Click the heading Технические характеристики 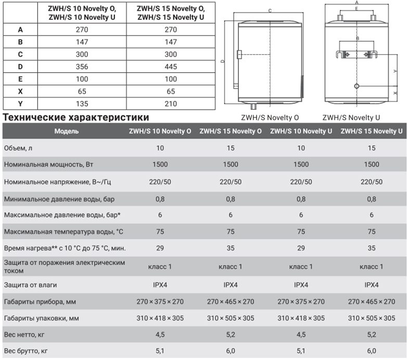pyautogui.click(x=76, y=117)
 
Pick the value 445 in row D pyautogui.click(x=170, y=67)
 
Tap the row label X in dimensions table pyautogui.click(x=20, y=91)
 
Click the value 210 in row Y pyautogui.click(x=170, y=104)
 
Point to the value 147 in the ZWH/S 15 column pyautogui.click(x=170, y=42)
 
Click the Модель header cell pyautogui.click(x=67, y=131)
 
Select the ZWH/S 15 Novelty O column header pyautogui.click(x=231, y=131)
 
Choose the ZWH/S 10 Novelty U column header pyautogui.click(x=301, y=131)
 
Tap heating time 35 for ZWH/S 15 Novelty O pyautogui.click(x=231, y=248)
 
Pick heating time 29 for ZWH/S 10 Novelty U pyautogui.click(x=301, y=248)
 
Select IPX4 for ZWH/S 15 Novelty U pyautogui.click(x=372, y=285)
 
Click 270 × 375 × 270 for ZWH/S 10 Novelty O pyautogui.click(x=160, y=302)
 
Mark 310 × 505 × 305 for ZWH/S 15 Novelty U pyautogui.click(x=372, y=318)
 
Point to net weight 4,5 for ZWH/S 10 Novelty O pyautogui.click(x=160, y=335)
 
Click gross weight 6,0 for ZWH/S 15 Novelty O pyautogui.click(x=231, y=351)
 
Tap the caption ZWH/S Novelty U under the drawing pyautogui.click(x=351, y=118)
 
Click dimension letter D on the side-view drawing pyautogui.click(x=222, y=61)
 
